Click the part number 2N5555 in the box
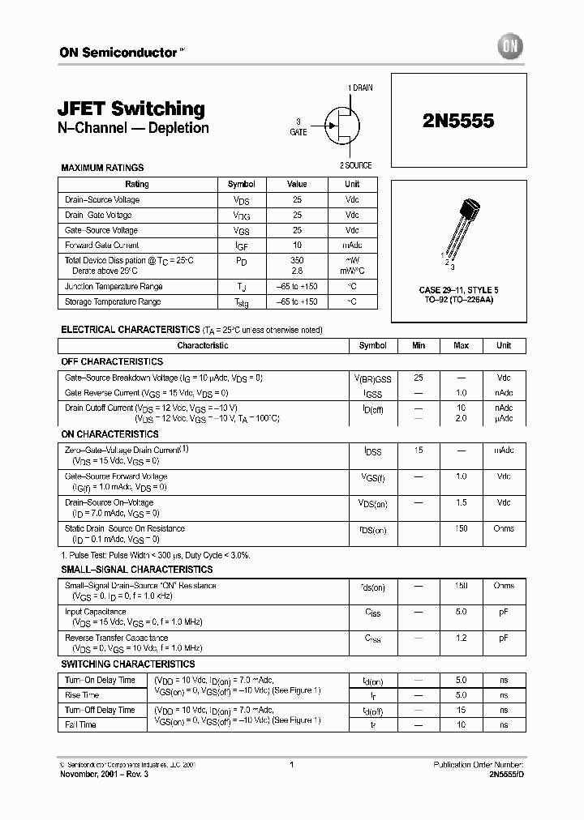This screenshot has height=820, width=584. pos(458,120)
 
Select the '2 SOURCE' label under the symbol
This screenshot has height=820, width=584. pos(355,165)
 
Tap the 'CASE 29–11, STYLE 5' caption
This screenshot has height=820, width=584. pos(459,289)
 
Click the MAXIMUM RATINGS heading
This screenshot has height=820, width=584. pos(102,168)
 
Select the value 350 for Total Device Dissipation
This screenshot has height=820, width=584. pos(297,260)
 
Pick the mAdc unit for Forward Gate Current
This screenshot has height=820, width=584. pos(352,245)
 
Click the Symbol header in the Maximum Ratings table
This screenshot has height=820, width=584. pos(242,184)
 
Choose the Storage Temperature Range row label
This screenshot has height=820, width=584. pos(113,301)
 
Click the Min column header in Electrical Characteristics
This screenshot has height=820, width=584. pos(419,345)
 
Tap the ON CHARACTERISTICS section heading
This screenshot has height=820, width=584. pos(109,434)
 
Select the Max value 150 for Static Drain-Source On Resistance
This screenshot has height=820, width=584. pos(461,528)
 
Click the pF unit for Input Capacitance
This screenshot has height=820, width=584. pos(504,612)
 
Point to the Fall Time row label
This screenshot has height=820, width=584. pos(81,724)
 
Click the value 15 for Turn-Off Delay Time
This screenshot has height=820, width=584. pos(461,710)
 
